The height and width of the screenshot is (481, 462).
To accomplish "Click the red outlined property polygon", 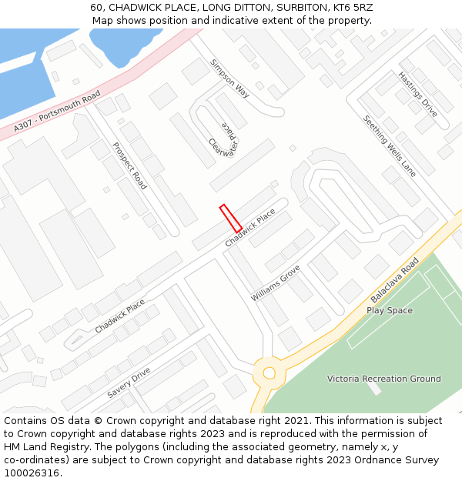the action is coord(231,218).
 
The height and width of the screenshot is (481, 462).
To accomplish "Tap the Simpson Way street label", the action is coord(230,78).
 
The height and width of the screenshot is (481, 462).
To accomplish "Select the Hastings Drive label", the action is coord(417,95).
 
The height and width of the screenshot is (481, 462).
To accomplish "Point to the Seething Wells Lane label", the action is coord(389,146).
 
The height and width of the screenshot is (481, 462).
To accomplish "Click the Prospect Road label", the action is coord(129,165).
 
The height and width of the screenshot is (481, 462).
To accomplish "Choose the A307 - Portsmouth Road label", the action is coord(57,112).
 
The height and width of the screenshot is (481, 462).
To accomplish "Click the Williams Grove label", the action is coord(275,283).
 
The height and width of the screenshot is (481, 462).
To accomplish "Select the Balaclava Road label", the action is coord(394,279).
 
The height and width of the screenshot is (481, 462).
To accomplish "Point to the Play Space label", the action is coord(390,310).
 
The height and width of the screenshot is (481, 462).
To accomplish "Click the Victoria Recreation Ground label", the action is coord(383,379).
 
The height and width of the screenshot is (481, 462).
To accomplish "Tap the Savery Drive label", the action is coord(129,382).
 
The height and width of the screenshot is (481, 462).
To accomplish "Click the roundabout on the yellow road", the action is coord(269,373).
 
